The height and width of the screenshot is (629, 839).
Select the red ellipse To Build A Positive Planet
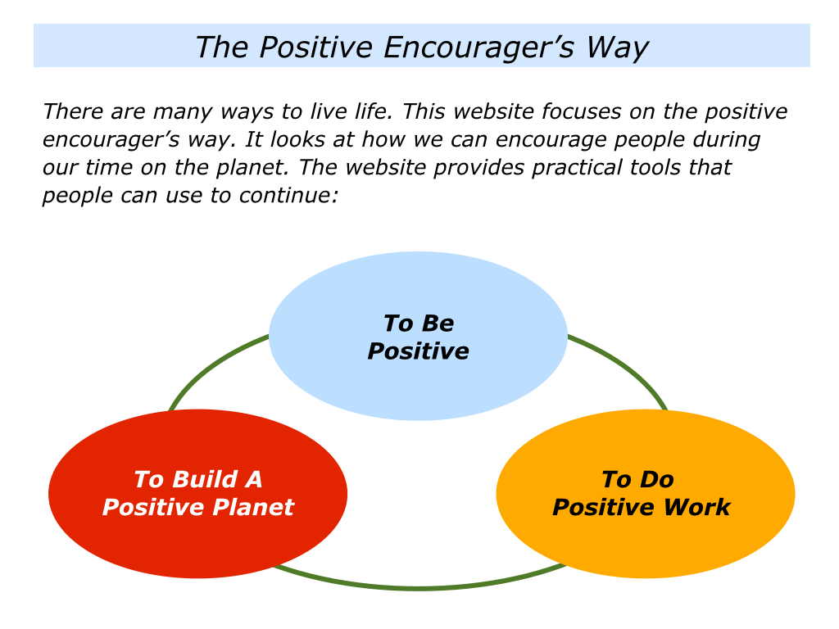click(197, 541)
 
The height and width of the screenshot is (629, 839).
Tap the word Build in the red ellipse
click(208, 479)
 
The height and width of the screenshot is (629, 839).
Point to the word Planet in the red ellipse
click(255, 507)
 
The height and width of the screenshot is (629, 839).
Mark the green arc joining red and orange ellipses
click(418, 586)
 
